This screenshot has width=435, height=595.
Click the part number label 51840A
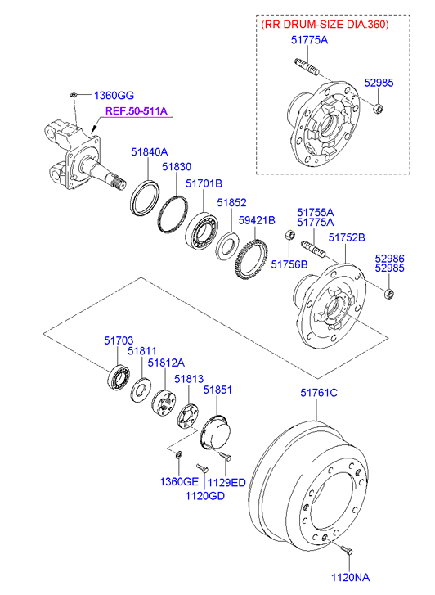[x=149, y=152]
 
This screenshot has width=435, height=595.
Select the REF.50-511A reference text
[x=137, y=111]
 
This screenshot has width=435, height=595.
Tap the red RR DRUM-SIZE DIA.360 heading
[x=325, y=25]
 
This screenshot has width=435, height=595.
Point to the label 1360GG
[x=114, y=95]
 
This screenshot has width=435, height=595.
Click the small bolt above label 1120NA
[x=347, y=549]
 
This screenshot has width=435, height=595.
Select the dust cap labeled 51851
[x=213, y=432]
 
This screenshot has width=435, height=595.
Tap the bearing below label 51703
[x=118, y=376]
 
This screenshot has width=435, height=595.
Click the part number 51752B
[x=347, y=237]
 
